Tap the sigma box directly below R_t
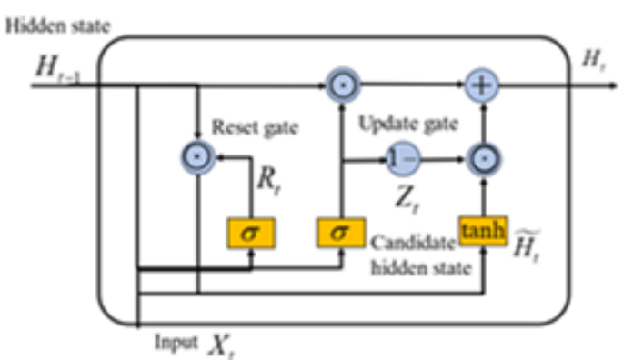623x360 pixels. [x=248, y=233]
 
